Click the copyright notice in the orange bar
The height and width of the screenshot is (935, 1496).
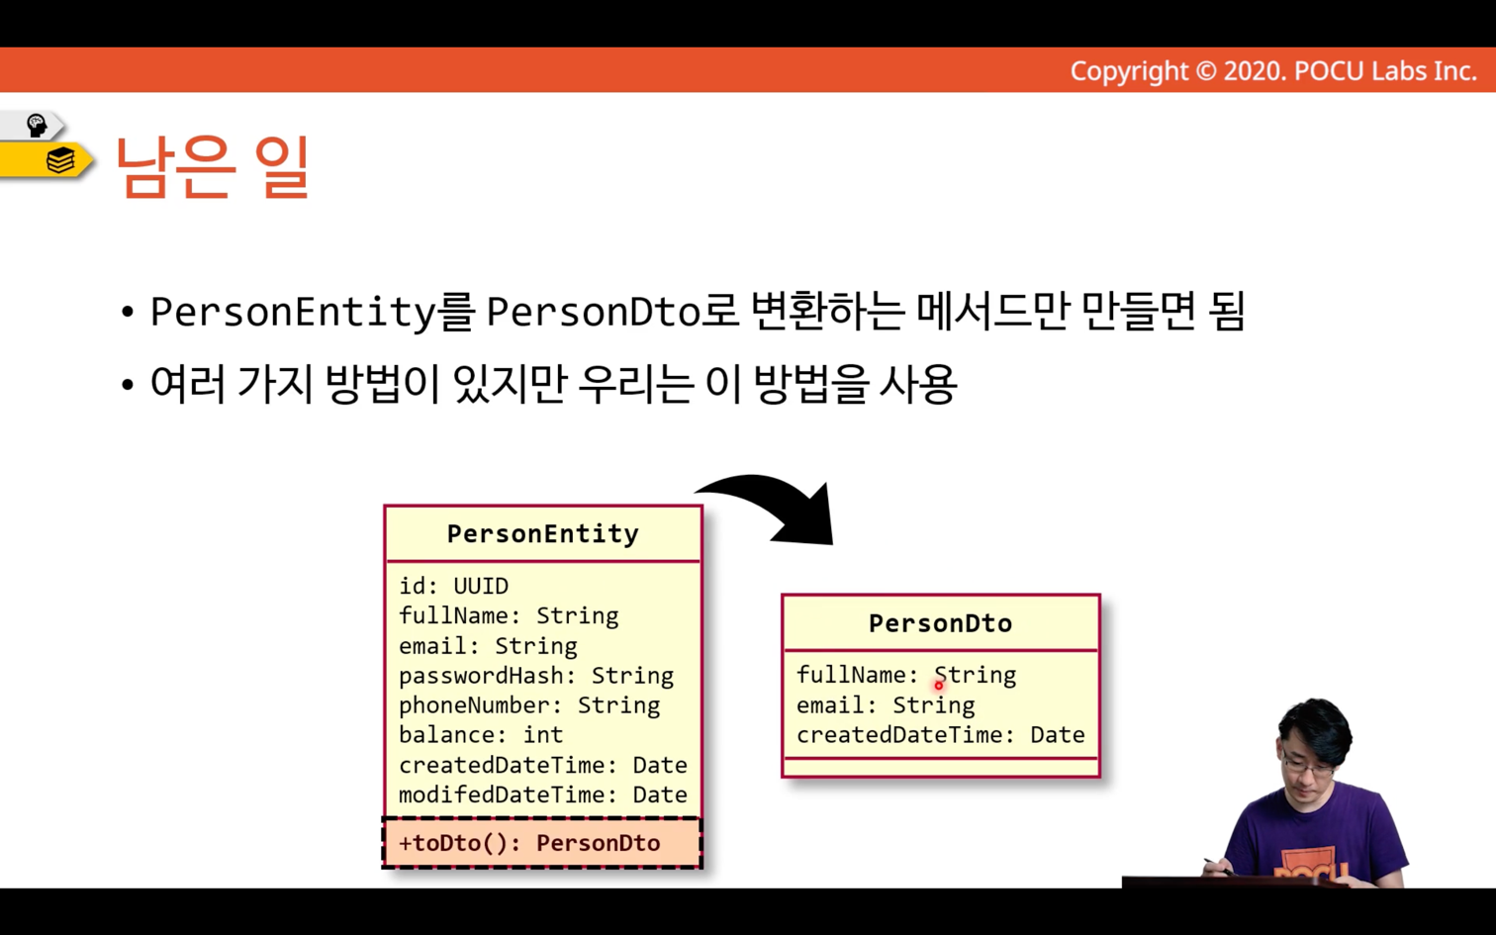point(1273,71)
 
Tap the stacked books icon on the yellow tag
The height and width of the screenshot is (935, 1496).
point(60,159)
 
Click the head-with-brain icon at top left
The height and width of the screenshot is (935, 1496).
point(36,125)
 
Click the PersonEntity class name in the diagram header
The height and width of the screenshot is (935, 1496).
point(543,533)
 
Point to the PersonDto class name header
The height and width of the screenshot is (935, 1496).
point(940,623)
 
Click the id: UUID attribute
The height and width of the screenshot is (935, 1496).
point(453,586)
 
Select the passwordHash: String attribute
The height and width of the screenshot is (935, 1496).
point(536,676)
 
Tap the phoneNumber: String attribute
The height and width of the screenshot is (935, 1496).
point(529,705)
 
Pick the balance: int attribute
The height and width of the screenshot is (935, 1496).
point(481,734)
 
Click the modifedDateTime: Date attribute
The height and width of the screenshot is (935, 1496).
point(543,795)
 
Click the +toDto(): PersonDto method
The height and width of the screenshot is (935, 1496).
point(529,843)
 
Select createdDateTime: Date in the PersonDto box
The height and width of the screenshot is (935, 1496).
point(940,734)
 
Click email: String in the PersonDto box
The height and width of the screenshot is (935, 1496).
point(886,705)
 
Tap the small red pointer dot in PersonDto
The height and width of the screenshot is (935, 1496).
point(938,685)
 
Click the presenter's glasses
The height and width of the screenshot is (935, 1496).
point(1308,767)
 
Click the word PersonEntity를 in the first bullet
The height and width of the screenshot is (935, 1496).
point(313,312)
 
